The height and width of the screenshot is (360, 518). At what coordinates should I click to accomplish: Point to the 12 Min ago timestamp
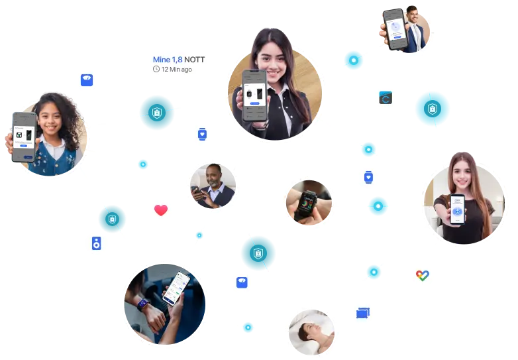[176, 70]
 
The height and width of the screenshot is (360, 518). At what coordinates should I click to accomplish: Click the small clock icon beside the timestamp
[156, 70]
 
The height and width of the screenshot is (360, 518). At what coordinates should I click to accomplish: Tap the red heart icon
[160, 210]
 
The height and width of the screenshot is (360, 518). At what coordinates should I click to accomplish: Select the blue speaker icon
[96, 243]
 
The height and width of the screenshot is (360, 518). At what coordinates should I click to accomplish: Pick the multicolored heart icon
[422, 275]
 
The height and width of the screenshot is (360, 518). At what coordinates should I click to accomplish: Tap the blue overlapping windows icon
[362, 312]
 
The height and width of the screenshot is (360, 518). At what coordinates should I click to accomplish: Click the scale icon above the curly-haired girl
[86, 80]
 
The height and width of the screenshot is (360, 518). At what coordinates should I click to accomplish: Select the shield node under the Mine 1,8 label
[156, 113]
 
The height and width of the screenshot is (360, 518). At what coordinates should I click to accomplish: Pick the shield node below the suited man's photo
[432, 108]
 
